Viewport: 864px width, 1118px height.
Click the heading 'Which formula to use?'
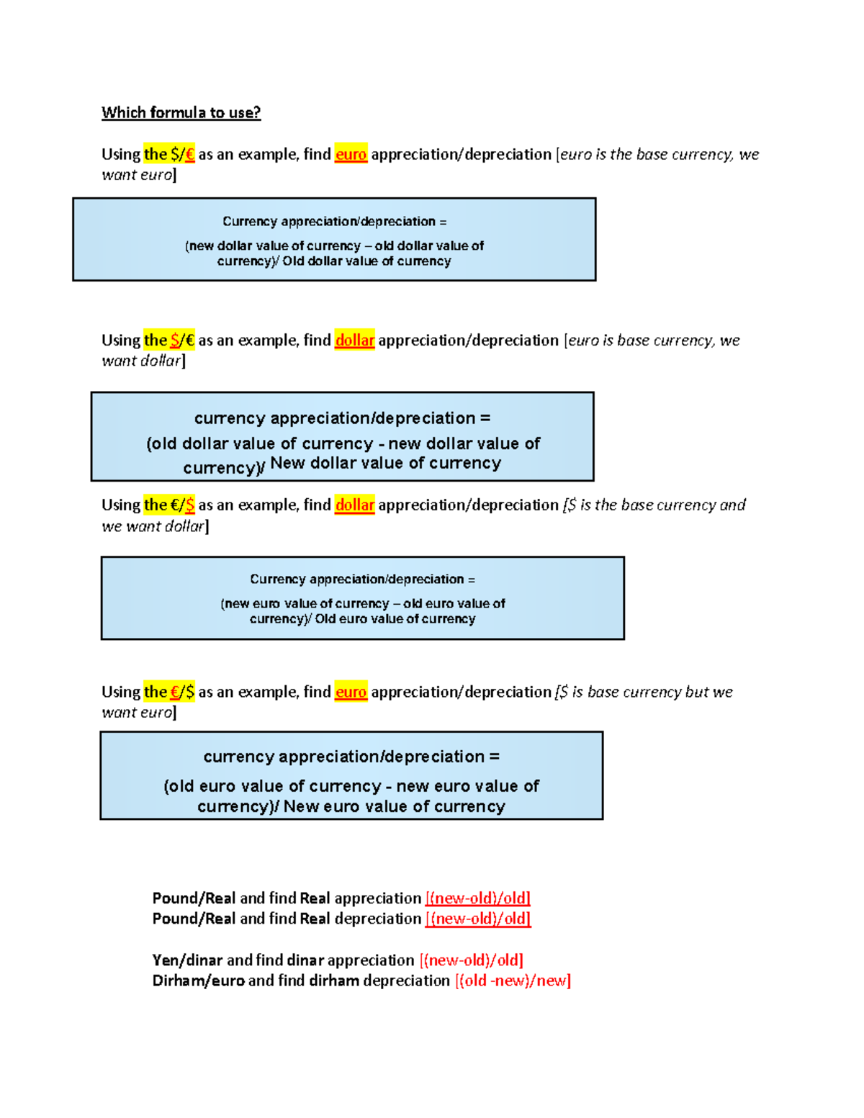coord(181,112)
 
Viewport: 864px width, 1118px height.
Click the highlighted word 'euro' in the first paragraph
coord(351,154)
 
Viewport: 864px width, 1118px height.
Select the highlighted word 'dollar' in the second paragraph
coord(354,340)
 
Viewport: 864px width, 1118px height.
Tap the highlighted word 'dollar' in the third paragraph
coord(354,505)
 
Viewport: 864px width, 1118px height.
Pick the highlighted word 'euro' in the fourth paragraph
coord(351,692)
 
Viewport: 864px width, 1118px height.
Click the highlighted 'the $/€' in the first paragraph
coord(169,154)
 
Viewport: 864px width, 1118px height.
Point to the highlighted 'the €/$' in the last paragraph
coord(169,692)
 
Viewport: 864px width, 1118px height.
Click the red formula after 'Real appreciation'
coord(477,898)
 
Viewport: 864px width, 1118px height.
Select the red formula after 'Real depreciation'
coord(477,919)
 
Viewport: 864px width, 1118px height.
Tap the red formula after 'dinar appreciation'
coord(471,960)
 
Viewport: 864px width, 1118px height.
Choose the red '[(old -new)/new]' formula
coord(513,980)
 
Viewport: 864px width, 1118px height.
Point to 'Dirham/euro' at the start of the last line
coord(198,980)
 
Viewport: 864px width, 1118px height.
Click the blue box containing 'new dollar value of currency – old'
coord(334,240)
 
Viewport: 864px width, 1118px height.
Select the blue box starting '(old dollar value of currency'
coord(342,436)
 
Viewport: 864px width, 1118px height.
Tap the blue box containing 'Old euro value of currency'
coord(362,598)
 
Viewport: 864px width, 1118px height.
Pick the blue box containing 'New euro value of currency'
coord(351,775)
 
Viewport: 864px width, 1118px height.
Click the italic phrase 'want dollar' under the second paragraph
coord(142,361)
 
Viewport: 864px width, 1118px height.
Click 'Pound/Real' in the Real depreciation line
coord(194,919)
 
